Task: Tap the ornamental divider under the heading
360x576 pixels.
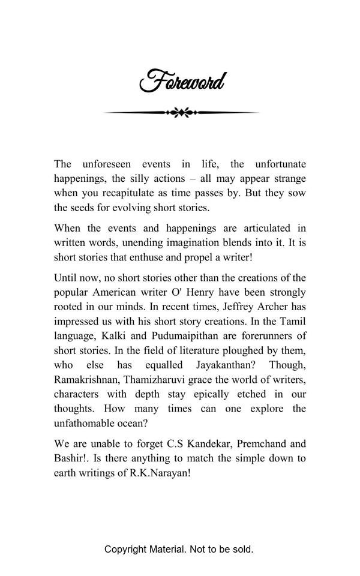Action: pyautogui.click(x=181, y=112)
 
